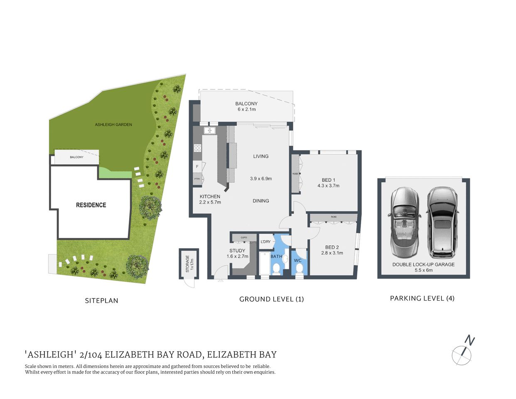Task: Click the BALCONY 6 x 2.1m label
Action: [x=246, y=106]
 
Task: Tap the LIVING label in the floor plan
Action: [x=261, y=156]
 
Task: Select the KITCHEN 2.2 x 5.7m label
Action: [x=210, y=199]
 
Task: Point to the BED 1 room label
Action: [x=328, y=183]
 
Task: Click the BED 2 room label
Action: [x=332, y=250]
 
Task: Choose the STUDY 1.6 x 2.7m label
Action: [x=237, y=254]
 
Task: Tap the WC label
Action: [x=297, y=261]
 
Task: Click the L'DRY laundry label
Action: [x=265, y=242]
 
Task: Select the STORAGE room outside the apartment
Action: [x=188, y=264]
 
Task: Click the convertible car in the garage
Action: [x=404, y=223]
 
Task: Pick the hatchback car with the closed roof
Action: [x=443, y=222]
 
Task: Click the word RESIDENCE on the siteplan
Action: [x=91, y=205]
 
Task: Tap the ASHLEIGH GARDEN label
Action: [x=113, y=124]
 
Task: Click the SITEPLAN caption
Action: [x=101, y=300]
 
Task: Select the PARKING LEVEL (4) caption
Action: [x=422, y=298]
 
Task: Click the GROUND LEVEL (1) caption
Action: [x=271, y=299]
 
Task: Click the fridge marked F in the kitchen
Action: [x=197, y=167]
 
